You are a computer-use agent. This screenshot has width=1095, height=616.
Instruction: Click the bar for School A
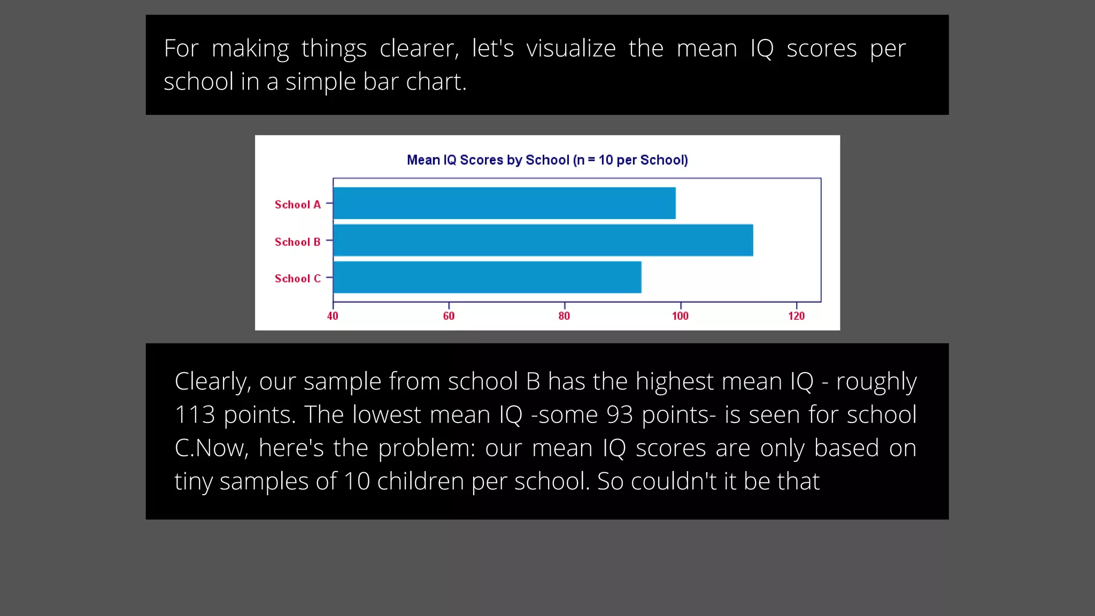click(x=504, y=203)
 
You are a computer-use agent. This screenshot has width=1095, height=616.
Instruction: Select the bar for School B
click(x=543, y=240)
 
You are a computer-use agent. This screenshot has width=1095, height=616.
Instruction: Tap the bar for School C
click(x=487, y=277)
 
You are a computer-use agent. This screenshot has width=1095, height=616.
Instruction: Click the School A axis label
click(x=297, y=205)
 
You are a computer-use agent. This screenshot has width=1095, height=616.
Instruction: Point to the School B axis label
click(x=297, y=242)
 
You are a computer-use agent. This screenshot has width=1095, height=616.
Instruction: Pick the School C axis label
click(x=297, y=279)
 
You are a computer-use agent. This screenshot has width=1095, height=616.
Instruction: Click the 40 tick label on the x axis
click(x=333, y=316)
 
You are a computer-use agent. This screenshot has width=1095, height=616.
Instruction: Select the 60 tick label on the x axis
click(x=449, y=316)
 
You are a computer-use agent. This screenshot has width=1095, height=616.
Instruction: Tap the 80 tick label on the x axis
click(x=564, y=316)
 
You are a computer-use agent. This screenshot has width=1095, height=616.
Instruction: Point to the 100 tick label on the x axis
click(x=680, y=316)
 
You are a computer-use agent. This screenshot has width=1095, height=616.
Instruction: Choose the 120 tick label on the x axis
click(x=796, y=316)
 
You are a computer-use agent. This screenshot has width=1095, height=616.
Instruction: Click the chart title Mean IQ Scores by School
click(x=547, y=160)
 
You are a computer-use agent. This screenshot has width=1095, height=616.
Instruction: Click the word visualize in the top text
click(x=570, y=49)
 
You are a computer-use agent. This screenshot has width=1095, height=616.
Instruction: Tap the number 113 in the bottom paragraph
click(x=195, y=415)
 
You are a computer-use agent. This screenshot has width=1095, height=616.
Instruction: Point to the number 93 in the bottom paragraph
click(x=620, y=415)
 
